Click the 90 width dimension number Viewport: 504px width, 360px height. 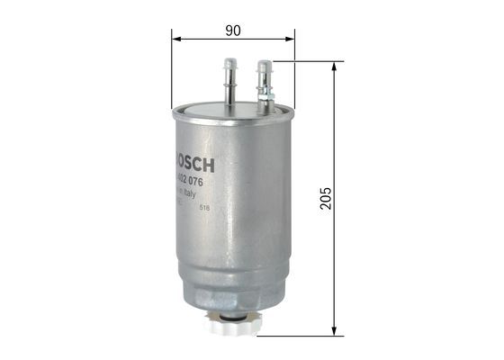click(232, 31)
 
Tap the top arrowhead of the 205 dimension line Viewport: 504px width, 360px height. click(335, 66)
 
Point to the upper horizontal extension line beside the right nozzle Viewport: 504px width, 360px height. click(306, 60)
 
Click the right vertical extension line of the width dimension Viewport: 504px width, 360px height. click(295, 81)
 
